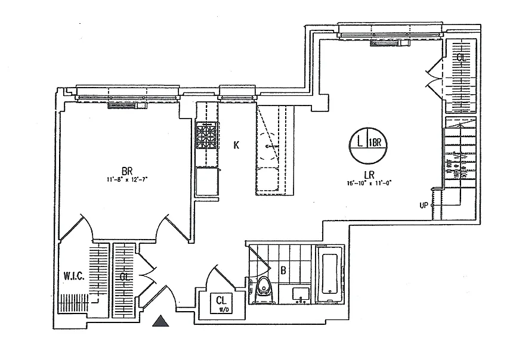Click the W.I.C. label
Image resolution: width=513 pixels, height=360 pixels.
73,276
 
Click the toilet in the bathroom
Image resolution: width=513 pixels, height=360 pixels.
263,290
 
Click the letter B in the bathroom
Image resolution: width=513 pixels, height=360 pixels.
284,270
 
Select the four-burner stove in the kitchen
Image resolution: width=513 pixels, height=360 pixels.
207,137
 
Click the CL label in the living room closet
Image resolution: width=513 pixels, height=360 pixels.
461,58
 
